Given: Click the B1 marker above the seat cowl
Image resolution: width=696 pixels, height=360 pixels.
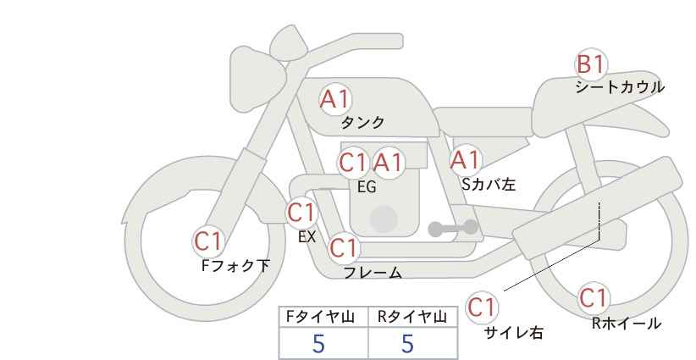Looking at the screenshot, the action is [591, 64].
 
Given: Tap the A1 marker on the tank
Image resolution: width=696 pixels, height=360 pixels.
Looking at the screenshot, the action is [335, 99].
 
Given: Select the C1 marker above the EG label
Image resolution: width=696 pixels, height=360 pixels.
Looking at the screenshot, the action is [353, 163].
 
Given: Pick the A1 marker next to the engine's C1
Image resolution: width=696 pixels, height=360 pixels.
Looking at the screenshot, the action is [389, 163].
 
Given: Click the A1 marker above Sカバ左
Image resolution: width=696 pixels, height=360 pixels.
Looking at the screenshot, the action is [465, 160].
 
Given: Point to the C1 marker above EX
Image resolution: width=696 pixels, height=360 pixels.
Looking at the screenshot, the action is [301, 213].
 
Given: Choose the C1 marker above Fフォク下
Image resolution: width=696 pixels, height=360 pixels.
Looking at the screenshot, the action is [208, 242].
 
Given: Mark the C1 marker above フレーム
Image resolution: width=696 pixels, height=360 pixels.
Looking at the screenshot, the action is [344, 247].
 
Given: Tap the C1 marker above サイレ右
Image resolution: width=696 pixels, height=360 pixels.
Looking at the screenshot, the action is [482, 307].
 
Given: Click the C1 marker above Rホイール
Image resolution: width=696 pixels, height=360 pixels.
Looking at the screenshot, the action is [594, 298].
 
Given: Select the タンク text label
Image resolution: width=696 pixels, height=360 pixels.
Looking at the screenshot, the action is [362, 123].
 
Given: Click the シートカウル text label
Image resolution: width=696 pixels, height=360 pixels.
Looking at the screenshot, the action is [620, 87].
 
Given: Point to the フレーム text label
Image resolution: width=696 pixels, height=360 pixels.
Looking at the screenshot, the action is [373, 273].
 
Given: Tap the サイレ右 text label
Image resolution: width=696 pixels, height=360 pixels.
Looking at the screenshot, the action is [514, 333].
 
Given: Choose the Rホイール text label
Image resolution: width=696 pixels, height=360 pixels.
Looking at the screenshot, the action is [627, 324].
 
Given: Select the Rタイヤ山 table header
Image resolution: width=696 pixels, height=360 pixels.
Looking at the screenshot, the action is [412, 317].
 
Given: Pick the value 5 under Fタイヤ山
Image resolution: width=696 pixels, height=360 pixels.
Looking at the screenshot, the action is [318, 344].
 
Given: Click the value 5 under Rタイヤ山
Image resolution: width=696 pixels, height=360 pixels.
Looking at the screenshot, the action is [407, 344].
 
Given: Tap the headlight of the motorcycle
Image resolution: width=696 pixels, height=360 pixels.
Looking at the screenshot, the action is [257, 80].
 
